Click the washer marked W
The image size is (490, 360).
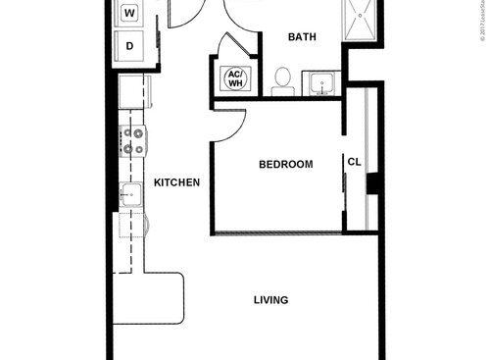(130, 14)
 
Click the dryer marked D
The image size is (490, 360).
(130, 45)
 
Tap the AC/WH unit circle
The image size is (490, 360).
(235, 78)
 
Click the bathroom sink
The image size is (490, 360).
(319, 84)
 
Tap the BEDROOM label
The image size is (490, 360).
(285, 165)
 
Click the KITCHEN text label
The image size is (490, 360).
(177, 182)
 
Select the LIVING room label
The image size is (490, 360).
(270, 300)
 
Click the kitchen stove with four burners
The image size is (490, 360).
(132, 141)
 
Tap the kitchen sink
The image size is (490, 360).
(130, 196)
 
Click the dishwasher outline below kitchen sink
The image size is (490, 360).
(130, 231)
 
